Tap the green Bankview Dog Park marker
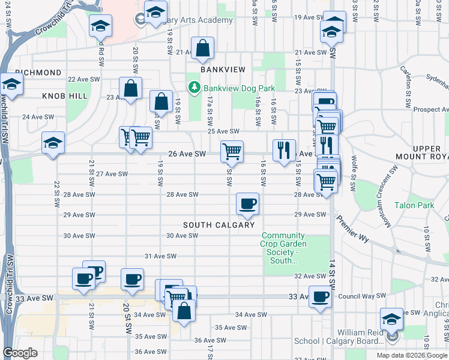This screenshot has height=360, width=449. (194, 88)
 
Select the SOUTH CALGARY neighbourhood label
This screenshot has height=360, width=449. (219, 225)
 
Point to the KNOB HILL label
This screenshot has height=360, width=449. (65, 96)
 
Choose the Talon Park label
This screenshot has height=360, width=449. (414, 205)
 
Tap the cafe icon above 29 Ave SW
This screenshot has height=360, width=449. (247, 205)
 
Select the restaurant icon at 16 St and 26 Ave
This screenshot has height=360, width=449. (284, 149)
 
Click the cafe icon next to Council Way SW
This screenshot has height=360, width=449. (320, 296)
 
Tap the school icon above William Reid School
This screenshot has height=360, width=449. (391, 319)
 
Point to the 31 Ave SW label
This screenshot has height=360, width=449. (159, 256)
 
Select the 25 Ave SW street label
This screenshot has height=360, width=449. (223, 131)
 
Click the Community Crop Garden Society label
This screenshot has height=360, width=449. (284, 248)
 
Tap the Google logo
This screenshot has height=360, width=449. (20, 353)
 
